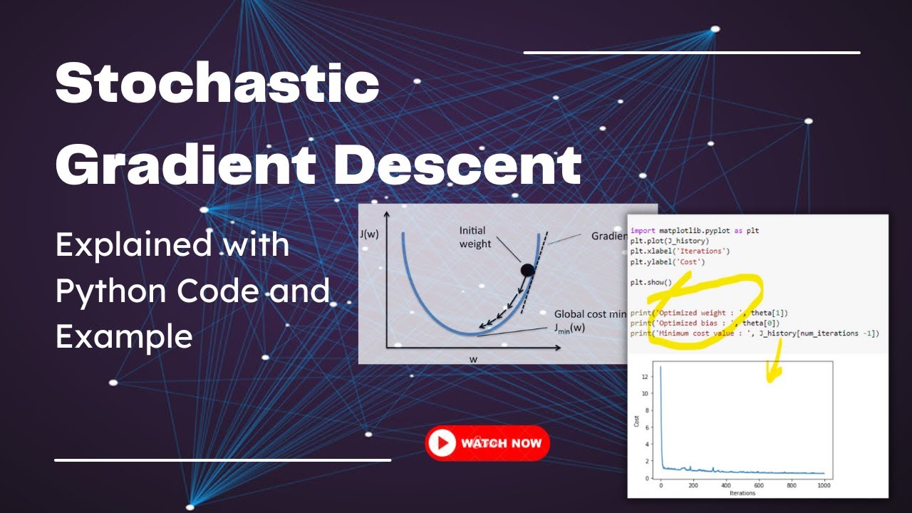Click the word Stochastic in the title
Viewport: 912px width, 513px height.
point(217,84)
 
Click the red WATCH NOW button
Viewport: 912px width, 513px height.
point(487,442)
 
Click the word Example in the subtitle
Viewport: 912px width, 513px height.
point(124,336)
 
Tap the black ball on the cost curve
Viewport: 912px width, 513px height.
point(527,270)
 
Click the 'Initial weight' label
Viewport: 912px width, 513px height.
point(475,237)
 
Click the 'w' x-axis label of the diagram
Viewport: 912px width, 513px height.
point(473,359)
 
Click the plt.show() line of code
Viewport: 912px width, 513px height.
point(651,282)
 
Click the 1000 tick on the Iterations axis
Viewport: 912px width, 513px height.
point(824,486)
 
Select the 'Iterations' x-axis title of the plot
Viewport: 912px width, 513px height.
point(743,493)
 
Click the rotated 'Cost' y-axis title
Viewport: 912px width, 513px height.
point(637,421)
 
